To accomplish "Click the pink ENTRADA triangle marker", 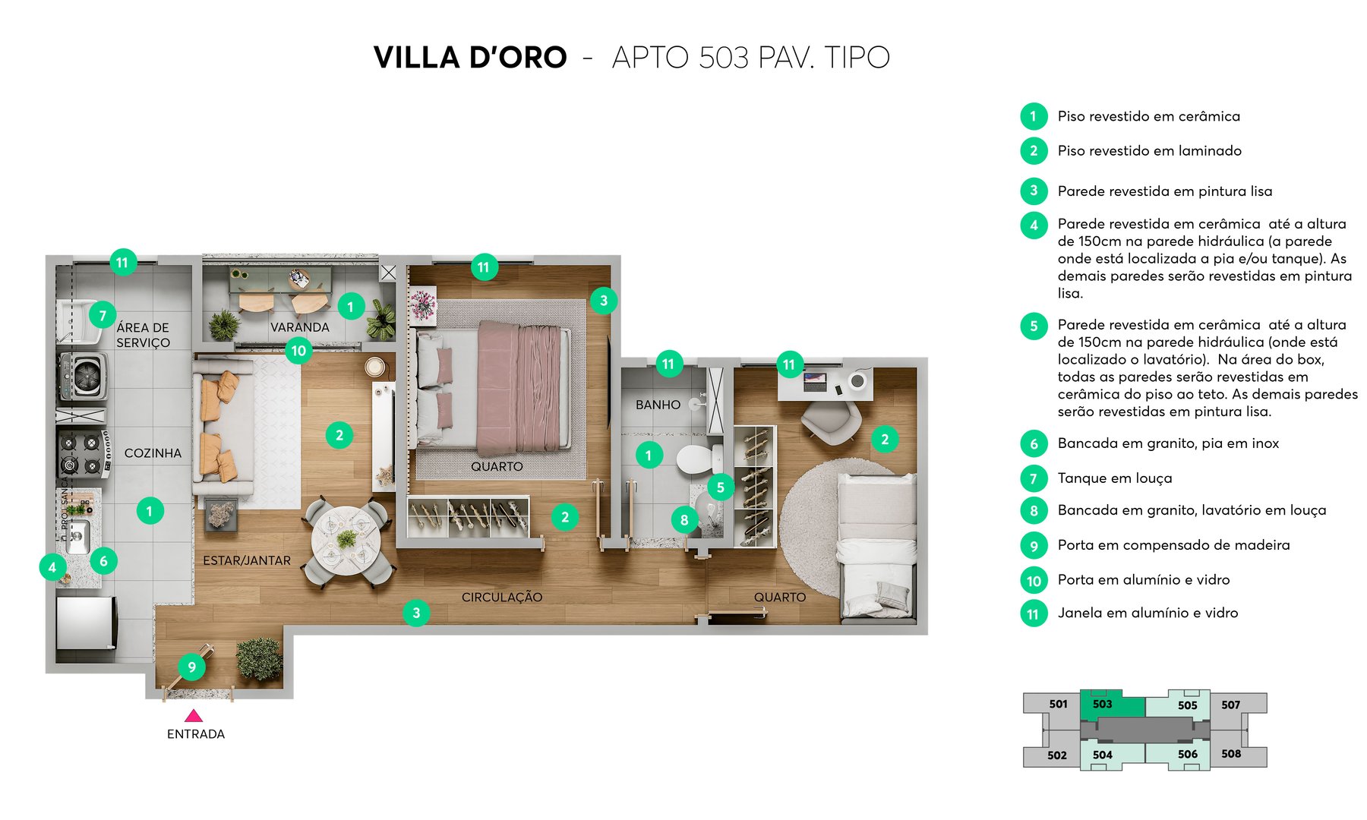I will click(x=194, y=716).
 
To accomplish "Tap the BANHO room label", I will click(x=658, y=405).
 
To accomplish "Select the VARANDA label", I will click(x=299, y=327).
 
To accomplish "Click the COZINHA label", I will click(x=153, y=453).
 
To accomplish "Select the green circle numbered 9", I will click(x=191, y=667).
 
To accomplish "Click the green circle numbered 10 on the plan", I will click(x=298, y=351).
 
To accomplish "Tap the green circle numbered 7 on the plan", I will click(x=103, y=315).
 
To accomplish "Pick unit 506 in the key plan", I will click(x=1187, y=754).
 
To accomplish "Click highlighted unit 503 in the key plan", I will click(x=1103, y=705).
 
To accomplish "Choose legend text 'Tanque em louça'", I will click(x=1114, y=478).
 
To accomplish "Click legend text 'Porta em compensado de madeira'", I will click(x=1173, y=545).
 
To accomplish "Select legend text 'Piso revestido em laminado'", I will click(x=1149, y=151).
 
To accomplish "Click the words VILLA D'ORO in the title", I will click(x=470, y=58).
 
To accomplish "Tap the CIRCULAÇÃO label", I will click(x=501, y=598).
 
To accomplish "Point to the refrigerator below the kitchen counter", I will click(x=86, y=623).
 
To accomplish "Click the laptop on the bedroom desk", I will click(x=815, y=381).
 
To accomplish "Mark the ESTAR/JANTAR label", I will click(x=246, y=560).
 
